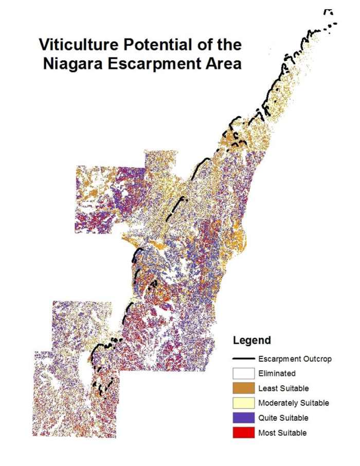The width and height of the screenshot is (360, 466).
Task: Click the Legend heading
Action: pos(252,340)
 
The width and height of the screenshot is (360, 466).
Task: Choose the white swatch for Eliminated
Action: pos(244,373)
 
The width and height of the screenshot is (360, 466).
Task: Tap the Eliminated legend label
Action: pos(277,373)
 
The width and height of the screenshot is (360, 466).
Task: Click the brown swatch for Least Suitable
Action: pos(244,388)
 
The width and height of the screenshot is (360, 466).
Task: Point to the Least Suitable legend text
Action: pos(284,388)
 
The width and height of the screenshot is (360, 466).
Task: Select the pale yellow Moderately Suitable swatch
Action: pos(244,403)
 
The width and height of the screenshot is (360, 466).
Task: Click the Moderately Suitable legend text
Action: pos(294,403)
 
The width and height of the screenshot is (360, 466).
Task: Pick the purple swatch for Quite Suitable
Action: pos(244,418)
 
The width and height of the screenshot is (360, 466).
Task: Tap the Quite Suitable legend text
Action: pos(284,418)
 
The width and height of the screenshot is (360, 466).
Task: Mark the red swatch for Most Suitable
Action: pos(244,433)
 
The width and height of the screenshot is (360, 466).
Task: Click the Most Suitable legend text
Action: pos(282,433)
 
